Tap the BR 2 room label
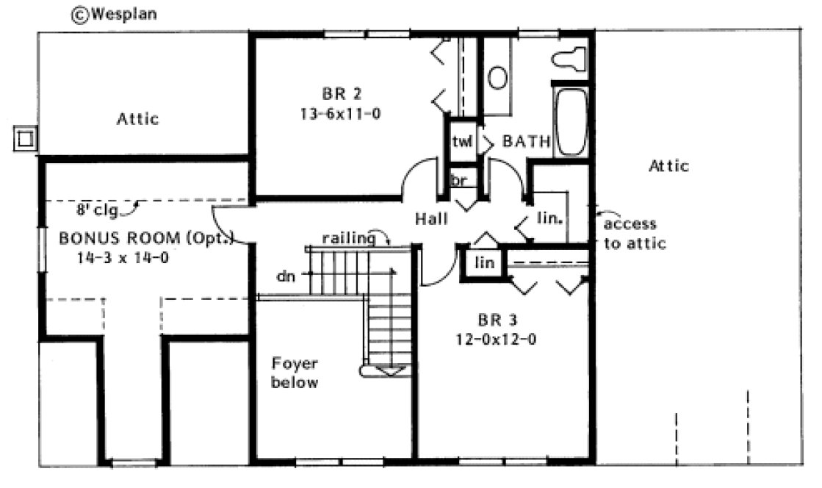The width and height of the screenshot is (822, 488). pyautogui.click(x=341, y=94)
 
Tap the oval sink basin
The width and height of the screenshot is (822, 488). pyautogui.click(x=498, y=77)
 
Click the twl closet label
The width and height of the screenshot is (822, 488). pyautogui.click(x=461, y=142)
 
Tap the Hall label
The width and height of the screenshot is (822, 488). pyautogui.click(x=431, y=218)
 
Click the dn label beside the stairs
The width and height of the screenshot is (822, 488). pyautogui.click(x=286, y=277)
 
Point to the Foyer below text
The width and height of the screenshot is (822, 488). pyautogui.click(x=295, y=373)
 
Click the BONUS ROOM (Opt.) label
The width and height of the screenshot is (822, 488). pyautogui.click(x=145, y=238)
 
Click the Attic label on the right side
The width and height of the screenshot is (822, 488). pyautogui.click(x=668, y=166)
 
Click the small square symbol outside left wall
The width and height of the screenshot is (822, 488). pyautogui.click(x=26, y=137)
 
